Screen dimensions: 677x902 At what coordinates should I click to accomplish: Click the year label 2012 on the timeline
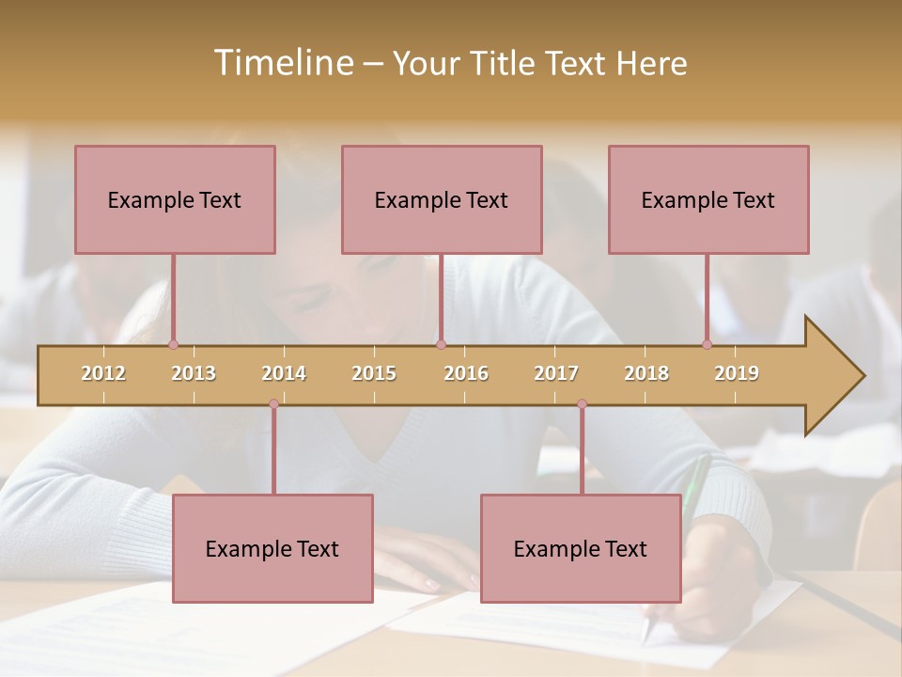(x=103, y=373)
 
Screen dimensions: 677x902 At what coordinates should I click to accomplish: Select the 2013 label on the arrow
(x=194, y=373)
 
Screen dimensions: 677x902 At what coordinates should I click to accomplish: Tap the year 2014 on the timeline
(x=284, y=373)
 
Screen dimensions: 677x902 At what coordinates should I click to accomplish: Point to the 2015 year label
(x=374, y=373)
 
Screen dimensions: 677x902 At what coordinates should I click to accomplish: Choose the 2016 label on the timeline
(x=466, y=373)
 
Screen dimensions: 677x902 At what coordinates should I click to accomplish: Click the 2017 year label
(x=556, y=373)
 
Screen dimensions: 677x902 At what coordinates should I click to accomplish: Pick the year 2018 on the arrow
(x=646, y=373)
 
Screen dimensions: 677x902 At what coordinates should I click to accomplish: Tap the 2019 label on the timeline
(x=737, y=373)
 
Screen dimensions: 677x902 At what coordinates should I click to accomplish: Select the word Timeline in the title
(x=283, y=63)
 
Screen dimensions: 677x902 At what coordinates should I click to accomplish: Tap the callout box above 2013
(x=175, y=199)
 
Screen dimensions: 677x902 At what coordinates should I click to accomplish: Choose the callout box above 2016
(x=442, y=199)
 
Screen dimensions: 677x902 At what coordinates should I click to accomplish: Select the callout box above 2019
(x=708, y=199)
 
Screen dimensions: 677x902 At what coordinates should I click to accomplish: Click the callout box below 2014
(x=272, y=548)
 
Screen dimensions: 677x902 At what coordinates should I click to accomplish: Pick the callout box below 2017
(x=581, y=548)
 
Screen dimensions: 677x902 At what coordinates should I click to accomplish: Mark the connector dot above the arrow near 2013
(x=173, y=345)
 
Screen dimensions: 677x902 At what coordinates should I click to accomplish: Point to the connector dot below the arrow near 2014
(x=273, y=404)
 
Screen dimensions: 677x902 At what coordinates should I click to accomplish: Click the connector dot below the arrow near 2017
(x=582, y=404)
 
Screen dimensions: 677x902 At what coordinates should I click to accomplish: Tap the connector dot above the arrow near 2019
(x=707, y=345)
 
